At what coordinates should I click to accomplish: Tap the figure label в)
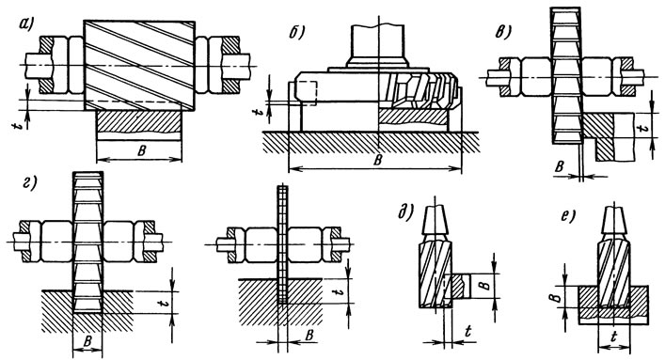(x=503, y=32)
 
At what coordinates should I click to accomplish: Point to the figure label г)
(x=29, y=183)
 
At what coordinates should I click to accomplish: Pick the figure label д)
(x=406, y=212)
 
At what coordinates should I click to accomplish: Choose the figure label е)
(x=567, y=215)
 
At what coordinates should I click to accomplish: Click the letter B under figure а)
(x=142, y=152)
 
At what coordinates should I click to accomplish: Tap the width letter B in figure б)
(x=378, y=160)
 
